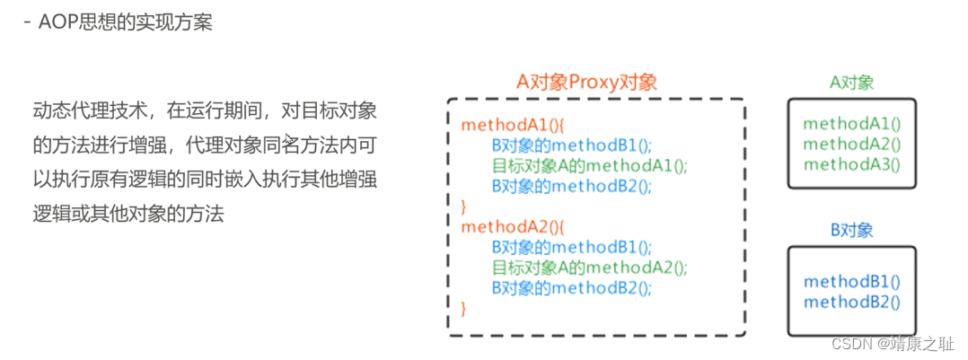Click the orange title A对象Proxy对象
(586, 81)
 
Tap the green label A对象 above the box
(851, 83)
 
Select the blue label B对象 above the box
(851, 231)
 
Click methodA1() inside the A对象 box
(851, 123)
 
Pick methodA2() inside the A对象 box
(851, 144)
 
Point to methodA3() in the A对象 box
(851, 164)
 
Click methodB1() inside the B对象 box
(851, 282)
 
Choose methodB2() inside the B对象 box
(851, 303)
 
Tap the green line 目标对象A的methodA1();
(589, 165)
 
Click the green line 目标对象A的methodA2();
(589, 268)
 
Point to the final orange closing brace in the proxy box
(464, 308)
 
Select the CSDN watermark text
(893, 344)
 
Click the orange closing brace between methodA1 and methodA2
(464, 206)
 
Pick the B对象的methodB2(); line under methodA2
(571, 287)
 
